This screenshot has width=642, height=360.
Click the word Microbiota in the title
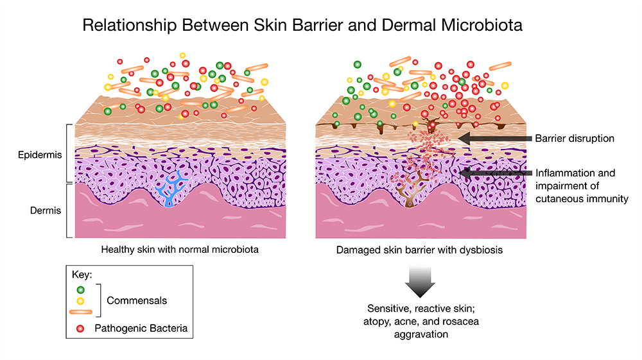point(480,28)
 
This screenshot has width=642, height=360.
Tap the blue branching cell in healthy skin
point(169,190)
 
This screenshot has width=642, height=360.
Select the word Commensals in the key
point(135,300)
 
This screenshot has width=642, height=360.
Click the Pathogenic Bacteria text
point(141,329)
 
